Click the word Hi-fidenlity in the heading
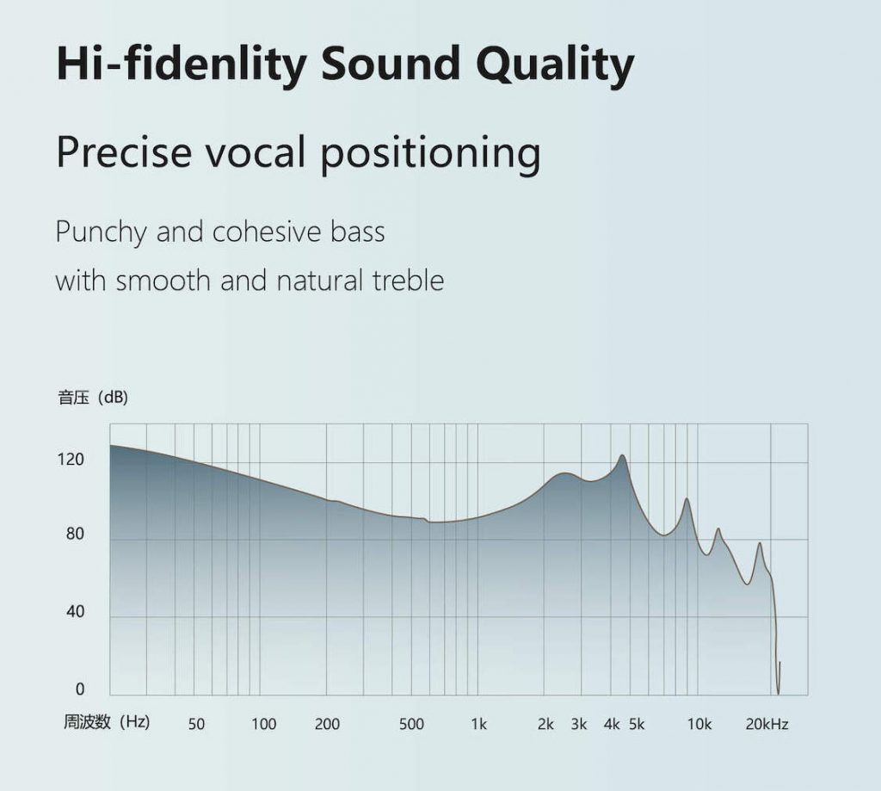click(x=181, y=65)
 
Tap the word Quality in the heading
click(x=555, y=65)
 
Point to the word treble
click(x=408, y=280)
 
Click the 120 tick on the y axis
click(x=71, y=460)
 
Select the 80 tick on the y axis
click(x=75, y=534)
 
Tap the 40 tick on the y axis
click(x=75, y=612)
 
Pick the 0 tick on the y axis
click(x=80, y=689)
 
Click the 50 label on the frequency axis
click(x=196, y=724)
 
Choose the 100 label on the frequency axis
click(x=263, y=724)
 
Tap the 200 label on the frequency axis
click(x=327, y=724)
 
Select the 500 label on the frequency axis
click(x=411, y=724)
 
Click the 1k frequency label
click(x=478, y=724)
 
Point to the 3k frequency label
click(x=579, y=724)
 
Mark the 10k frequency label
click(x=699, y=724)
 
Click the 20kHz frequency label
click(x=767, y=724)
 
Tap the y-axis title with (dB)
click(x=93, y=398)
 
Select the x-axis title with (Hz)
click(x=106, y=721)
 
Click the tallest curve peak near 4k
click(x=622, y=455)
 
